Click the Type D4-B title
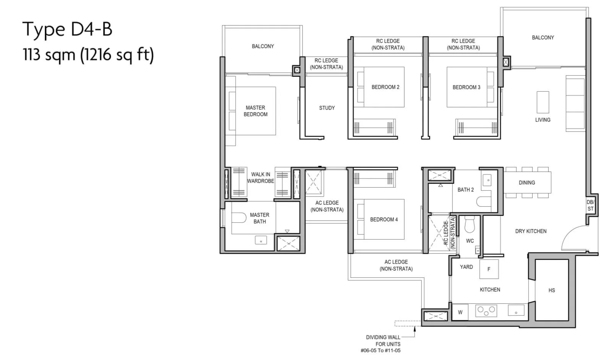click(67, 29)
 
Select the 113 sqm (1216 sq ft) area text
click(88, 55)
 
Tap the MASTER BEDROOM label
click(255, 111)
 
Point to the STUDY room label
click(327, 108)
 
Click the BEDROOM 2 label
click(385, 87)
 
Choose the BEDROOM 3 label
click(466, 87)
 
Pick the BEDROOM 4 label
click(384, 219)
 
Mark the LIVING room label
click(543, 120)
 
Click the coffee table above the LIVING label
click(543, 102)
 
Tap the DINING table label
click(527, 182)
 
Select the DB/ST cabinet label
click(590, 206)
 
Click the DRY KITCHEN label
click(531, 231)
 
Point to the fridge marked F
click(489, 269)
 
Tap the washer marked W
click(460, 312)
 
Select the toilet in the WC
click(470, 224)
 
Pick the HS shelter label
click(552, 290)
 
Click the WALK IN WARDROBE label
click(260, 178)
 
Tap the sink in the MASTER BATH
click(261, 240)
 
